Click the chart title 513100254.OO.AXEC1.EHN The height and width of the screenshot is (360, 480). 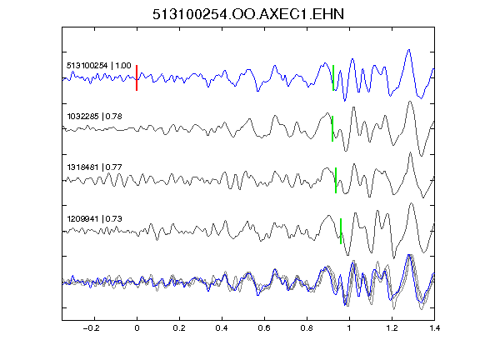[x=248, y=14]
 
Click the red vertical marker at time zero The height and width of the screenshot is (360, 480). [x=137, y=77]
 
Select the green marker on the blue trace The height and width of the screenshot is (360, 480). [x=333, y=77]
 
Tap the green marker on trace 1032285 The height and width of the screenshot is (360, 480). [x=332, y=128]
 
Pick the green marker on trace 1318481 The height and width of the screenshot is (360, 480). [x=336, y=180]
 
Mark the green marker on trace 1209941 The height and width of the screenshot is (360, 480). [x=341, y=231]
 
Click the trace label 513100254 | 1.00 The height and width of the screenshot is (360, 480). [x=99, y=66]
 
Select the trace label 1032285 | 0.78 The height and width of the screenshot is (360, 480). [x=95, y=117]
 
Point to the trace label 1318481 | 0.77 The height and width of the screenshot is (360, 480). [x=95, y=167]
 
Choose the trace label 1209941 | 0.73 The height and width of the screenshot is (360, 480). [x=95, y=219]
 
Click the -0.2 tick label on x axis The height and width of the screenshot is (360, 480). [x=91, y=328]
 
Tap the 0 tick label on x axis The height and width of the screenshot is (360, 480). [x=137, y=328]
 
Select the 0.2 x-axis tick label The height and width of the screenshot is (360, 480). [x=179, y=328]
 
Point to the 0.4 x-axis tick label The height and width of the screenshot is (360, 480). [x=222, y=328]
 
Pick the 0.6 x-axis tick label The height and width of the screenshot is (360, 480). [x=264, y=328]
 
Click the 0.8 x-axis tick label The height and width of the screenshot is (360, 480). [x=307, y=328]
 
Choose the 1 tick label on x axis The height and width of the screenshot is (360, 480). [x=349, y=328]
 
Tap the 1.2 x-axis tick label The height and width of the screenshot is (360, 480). [x=392, y=328]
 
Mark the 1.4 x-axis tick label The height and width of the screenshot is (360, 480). [x=434, y=328]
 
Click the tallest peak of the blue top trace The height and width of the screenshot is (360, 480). [x=408, y=50]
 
